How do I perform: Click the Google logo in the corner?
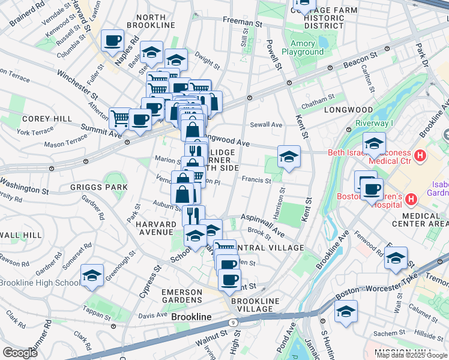coord(20,353)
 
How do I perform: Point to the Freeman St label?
coord(243,20)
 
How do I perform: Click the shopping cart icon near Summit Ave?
coord(119,117)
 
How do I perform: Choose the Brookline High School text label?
coord(40,283)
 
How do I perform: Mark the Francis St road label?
coord(256,179)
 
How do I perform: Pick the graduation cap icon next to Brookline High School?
coord(91,275)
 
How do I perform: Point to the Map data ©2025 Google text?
coord(412,355)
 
